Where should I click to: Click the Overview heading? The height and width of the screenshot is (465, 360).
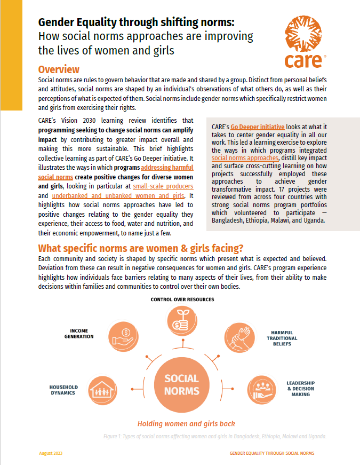[59, 70]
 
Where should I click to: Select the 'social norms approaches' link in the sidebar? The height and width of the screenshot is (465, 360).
[245, 158]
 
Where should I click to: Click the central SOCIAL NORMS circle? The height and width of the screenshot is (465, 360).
[181, 384]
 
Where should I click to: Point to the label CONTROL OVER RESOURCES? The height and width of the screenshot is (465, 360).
[182, 300]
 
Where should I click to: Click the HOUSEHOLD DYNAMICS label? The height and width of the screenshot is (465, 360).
[63, 390]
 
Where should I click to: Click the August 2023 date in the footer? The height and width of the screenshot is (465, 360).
[51, 453]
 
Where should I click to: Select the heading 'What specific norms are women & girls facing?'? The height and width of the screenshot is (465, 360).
[140, 248]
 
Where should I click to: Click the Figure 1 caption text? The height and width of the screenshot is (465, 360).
[215, 436]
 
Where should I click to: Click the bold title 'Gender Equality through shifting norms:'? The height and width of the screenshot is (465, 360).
[137, 23]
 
